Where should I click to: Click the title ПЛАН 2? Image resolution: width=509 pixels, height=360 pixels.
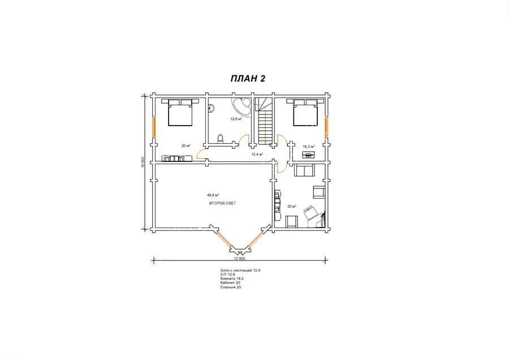point(248,79)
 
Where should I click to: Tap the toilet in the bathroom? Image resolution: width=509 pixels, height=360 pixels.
point(221,139)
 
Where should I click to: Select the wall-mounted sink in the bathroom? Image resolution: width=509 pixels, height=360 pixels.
point(212,108)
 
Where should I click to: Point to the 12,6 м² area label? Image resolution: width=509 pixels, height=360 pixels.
point(236,119)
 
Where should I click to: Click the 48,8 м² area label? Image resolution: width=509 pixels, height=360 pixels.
point(213,195)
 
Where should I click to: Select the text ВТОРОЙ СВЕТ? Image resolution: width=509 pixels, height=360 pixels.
point(222,203)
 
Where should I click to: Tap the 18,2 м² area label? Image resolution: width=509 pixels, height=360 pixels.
point(308,147)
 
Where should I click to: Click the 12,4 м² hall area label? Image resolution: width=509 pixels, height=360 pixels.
point(257,154)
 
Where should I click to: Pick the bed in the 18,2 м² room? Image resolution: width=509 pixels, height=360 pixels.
point(305,112)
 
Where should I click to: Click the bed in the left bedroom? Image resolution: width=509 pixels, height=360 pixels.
point(180,112)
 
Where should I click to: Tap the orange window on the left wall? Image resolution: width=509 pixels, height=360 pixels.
point(154,127)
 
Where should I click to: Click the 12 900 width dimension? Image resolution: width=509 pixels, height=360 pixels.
point(239,259)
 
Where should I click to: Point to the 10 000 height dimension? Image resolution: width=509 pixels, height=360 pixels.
point(143,162)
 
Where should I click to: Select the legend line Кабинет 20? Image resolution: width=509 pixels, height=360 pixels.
point(230,283)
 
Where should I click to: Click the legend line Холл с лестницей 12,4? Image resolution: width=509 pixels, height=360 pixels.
point(240,271)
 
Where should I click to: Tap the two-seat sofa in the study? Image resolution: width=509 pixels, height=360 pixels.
point(304,170)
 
